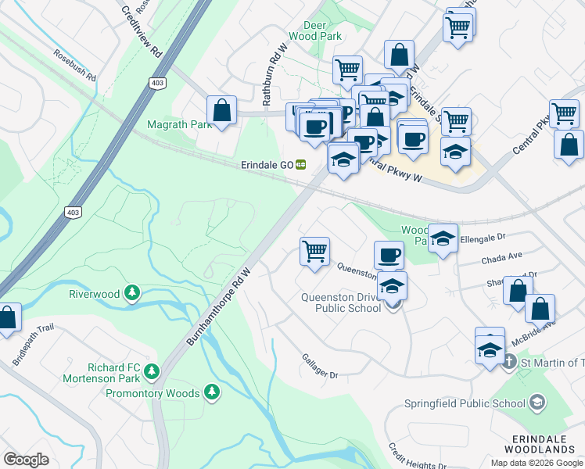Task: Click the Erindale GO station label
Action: click(266, 166)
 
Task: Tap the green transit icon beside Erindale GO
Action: click(300, 166)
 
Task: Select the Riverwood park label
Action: click(94, 294)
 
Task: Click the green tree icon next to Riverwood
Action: click(132, 293)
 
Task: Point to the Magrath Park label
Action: click(174, 124)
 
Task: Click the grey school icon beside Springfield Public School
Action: click(537, 403)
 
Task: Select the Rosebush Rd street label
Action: click(75, 66)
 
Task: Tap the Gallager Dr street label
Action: click(319, 366)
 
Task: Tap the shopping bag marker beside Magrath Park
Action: click(222, 111)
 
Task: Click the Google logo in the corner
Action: click(26, 459)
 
